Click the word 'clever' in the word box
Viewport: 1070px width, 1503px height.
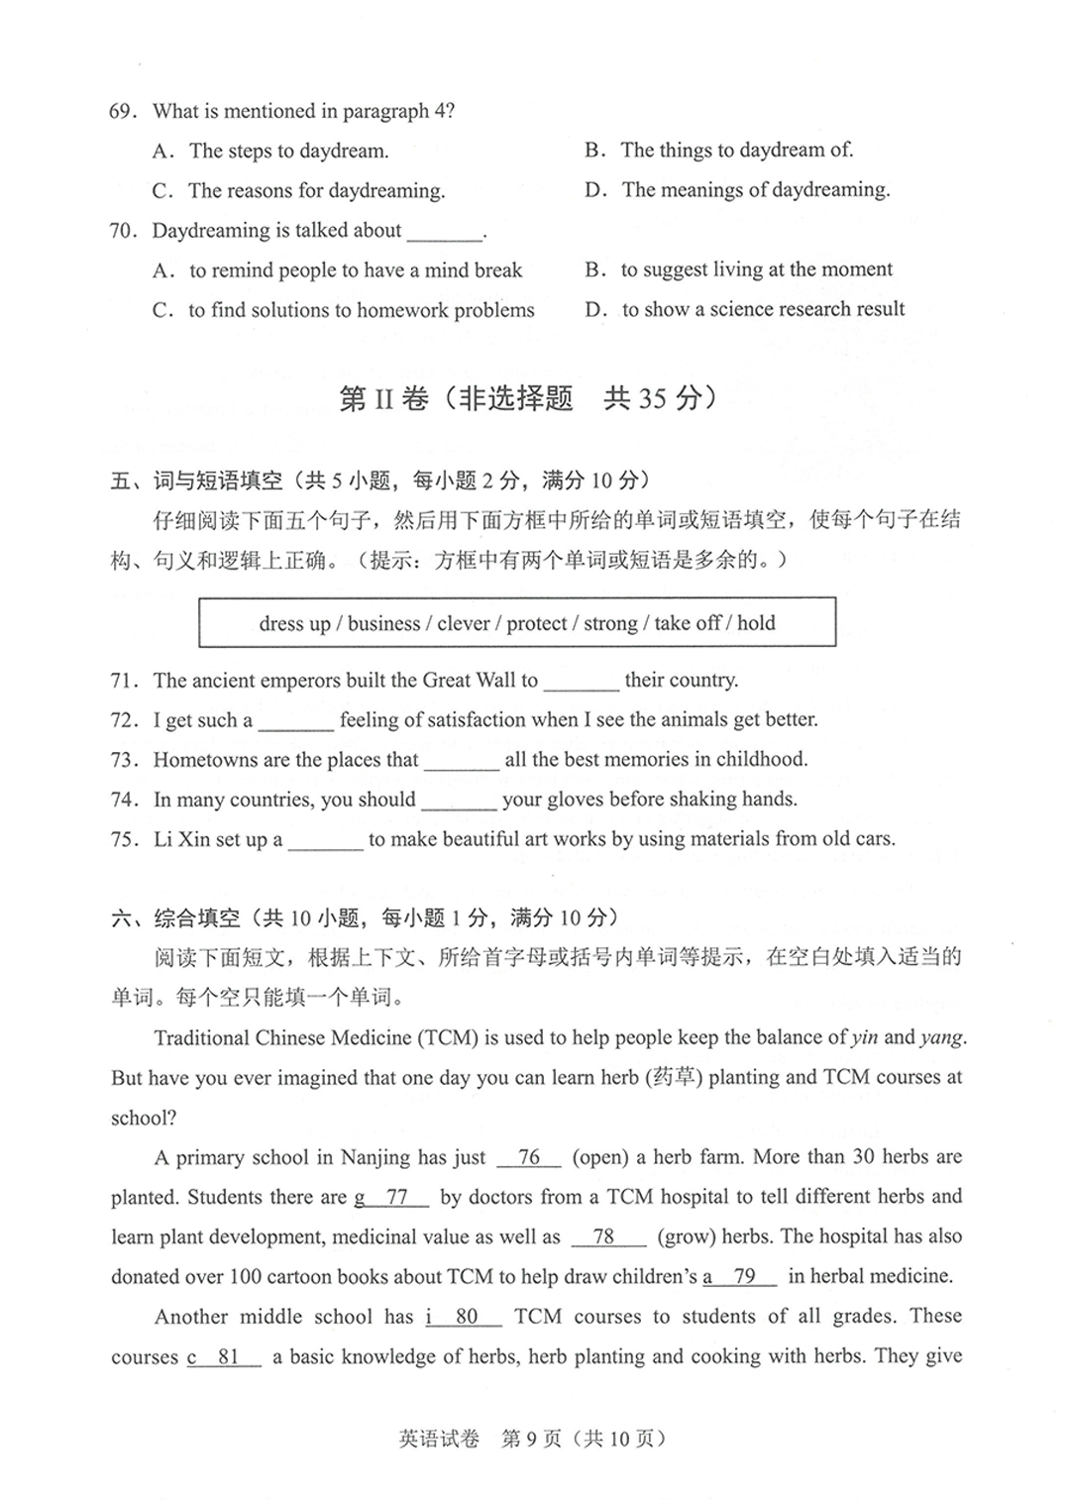(x=463, y=623)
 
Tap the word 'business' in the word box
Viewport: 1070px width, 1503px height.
(x=383, y=623)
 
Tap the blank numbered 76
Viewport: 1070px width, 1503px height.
(x=529, y=1158)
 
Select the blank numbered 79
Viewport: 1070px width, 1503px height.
(x=744, y=1277)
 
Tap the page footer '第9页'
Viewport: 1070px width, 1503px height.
(x=531, y=1439)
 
